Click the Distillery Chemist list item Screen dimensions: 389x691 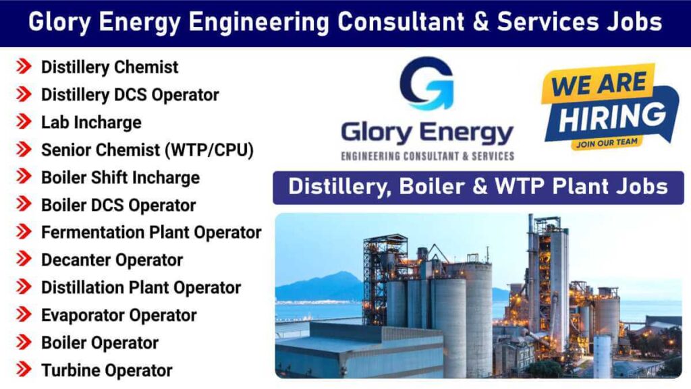point(109,67)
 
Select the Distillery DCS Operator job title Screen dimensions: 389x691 point(130,95)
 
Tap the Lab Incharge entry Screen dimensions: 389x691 point(91,123)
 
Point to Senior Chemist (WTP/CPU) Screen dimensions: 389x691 point(147,150)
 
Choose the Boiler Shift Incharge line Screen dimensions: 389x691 point(120,178)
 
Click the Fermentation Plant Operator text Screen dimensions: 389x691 point(151,233)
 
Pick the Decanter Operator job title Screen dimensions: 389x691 point(112,260)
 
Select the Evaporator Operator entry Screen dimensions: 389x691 point(119,316)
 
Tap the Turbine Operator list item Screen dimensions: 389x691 point(107,370)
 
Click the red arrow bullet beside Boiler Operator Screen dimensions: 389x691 point(24,342)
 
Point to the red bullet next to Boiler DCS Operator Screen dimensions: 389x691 point(24,205)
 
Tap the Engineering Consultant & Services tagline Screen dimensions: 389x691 point(428,156)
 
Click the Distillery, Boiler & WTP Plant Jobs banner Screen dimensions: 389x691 point(478,187)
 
